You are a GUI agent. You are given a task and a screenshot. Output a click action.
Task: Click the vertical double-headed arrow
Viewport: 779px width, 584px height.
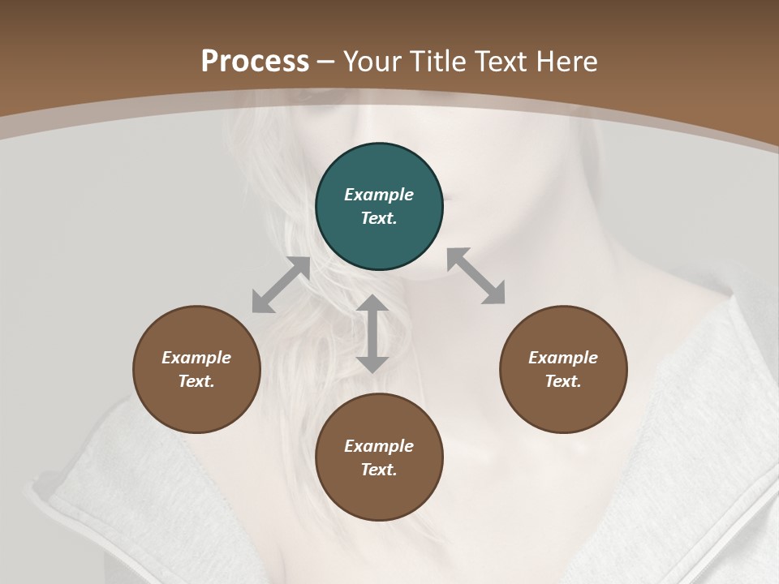pos(372,333)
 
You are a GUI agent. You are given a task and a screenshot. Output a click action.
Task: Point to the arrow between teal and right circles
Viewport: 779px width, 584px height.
pos(476,276)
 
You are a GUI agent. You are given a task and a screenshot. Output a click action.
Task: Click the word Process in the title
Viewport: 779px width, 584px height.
pos(255,61)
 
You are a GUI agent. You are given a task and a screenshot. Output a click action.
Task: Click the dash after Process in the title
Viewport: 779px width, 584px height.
pos(326,62)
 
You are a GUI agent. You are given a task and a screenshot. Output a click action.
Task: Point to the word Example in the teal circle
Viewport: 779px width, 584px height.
pos(379,195)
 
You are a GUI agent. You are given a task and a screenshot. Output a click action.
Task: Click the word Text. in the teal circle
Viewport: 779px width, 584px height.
pos(379,218)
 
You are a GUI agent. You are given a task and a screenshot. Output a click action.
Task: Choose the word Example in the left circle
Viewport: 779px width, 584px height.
pos(196,358)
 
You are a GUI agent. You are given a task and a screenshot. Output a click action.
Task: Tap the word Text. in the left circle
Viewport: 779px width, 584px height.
pos(196,381)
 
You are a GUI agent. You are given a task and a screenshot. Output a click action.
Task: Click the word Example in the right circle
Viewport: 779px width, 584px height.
pos(563,358)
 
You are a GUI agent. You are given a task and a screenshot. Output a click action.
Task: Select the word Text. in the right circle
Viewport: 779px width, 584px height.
pos(563,381)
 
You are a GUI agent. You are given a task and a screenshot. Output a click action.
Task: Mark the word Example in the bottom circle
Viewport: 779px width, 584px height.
pos(379,446)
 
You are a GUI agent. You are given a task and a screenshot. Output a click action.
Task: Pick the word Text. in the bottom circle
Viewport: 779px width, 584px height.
pos(379,470)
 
